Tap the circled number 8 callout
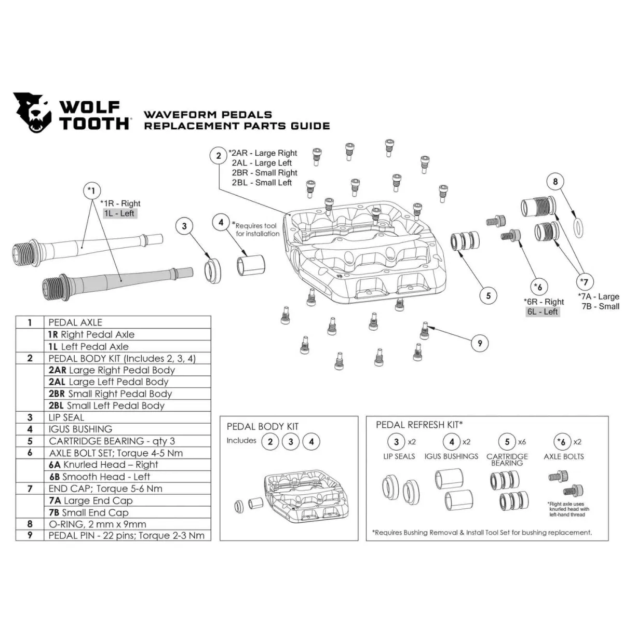click(x=555, y=182)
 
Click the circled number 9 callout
click(x=480, y=343)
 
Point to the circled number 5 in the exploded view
click(x=488, y=296)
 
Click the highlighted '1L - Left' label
click(x=119, y=213)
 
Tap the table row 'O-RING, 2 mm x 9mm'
click(x=97, y=524)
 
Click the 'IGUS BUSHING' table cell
click(x=80, y=429)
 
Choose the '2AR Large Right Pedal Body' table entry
click(x=112, y=370)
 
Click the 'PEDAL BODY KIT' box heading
click(x=263, y=427)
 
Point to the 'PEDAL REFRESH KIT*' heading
click(x=419, y=425)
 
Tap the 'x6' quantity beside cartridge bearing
click(x=521, y=442)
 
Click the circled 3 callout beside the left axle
click(x=184, y=226)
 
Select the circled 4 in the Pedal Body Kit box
click(x=311, y=442)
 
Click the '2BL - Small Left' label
click(x=262, y=183)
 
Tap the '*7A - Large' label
click(x=598, y=296)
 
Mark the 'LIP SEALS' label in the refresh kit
click(x=399, y=456)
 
